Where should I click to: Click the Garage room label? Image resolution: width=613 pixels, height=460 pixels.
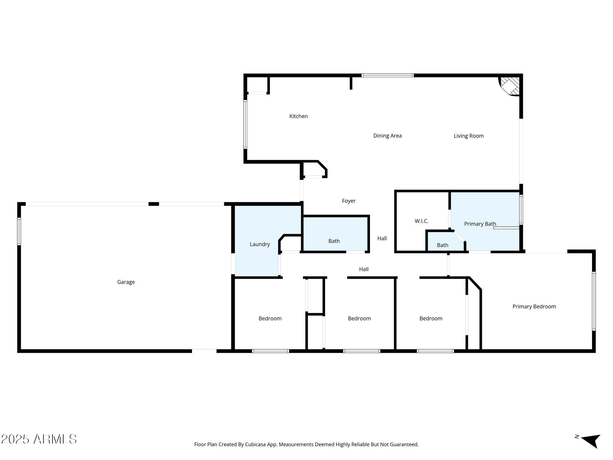[x=126, y=282]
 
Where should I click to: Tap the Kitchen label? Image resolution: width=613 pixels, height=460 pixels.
[x=298, y=116]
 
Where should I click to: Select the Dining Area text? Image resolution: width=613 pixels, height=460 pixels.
[x=387, y=136]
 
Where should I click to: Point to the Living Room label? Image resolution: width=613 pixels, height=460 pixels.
[x=468, y=136]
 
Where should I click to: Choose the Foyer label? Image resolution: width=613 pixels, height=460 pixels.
[x=349, y=201]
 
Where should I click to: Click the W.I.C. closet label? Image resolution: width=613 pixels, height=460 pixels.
[x=421, y=221]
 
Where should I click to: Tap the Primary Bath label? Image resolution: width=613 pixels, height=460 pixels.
[x=480, y=224]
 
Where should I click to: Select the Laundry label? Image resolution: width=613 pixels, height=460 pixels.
[x=260, y=244]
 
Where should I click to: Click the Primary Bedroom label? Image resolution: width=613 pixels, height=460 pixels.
[x=534, y=306]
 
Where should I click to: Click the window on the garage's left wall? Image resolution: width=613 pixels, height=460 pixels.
[x=19, y=231]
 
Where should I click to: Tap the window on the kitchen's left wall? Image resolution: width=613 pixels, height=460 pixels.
[x=245, y=124]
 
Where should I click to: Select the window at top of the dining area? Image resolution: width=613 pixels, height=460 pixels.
[x=388, y=75]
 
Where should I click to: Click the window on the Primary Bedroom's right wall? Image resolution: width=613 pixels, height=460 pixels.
[x=594, y=301]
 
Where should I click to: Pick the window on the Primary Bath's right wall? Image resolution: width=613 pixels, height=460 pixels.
[x=521, y=210]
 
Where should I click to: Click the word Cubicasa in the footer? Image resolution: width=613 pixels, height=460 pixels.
[x=256, y=444]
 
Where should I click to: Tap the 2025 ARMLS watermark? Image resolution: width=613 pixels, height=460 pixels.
[x=39, y=439]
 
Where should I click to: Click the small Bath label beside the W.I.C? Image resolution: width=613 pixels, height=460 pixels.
[x=442, y=245]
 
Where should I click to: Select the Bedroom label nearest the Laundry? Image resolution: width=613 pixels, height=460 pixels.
[x=270, y=318]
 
